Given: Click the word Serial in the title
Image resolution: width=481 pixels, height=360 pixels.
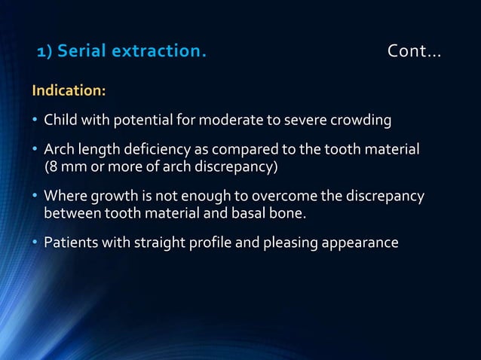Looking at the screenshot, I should (81, 52).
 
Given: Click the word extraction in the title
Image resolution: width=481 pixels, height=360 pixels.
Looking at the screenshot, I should (158, 52).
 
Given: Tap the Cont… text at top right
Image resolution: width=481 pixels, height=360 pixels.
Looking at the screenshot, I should (414, 52).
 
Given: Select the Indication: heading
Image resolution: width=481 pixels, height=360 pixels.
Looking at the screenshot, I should (68, 91).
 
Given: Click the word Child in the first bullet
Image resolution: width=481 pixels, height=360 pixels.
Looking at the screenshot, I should (60, 120).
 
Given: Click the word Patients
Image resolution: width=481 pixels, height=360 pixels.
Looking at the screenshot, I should (69, 243).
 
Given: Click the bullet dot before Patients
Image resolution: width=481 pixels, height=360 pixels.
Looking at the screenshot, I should (35, 243).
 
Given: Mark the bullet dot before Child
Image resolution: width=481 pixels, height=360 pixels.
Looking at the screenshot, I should (35, 120).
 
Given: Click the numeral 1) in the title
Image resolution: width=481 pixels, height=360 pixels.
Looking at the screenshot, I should (45, 52).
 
